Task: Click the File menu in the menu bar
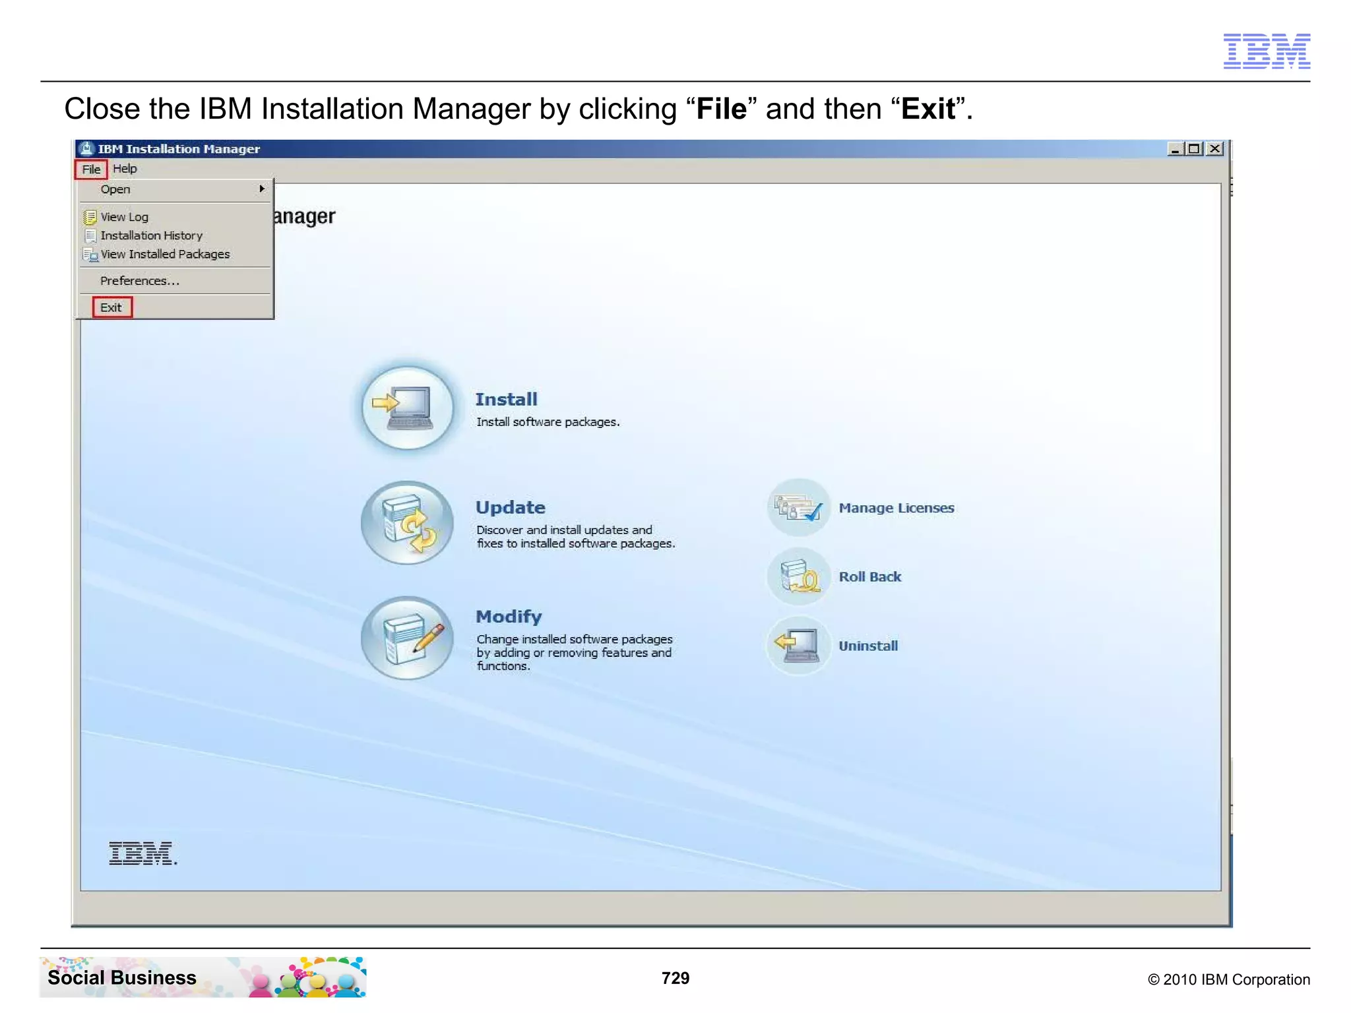pos(91,169)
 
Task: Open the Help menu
pos(125,169)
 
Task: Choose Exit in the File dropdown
pos(111,307)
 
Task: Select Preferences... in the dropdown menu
pos(139,281)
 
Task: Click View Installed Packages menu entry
pos(165,255)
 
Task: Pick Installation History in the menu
pos(151,235)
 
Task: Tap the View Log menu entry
pos(124,217)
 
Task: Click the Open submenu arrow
pos(262,189)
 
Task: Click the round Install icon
pos(408,408)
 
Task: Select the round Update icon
pos(408,523)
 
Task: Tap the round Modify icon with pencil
pos(408,638)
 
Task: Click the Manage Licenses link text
pos(896,508)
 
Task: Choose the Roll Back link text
pos(869,577)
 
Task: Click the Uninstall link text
pos(868,646)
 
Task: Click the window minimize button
pos(1174,149)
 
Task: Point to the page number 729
pos(675,978)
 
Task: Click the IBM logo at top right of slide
pos(1267,51)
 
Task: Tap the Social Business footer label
pos(122,977)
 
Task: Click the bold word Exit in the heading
pos(928,109)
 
